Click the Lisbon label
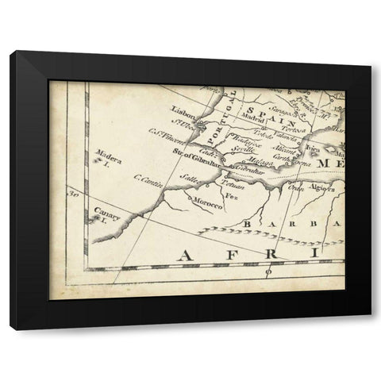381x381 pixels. click(x=183, y=113)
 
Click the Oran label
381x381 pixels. click(x=296, y=187)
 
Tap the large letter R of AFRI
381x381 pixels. click(x=268, y=255)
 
